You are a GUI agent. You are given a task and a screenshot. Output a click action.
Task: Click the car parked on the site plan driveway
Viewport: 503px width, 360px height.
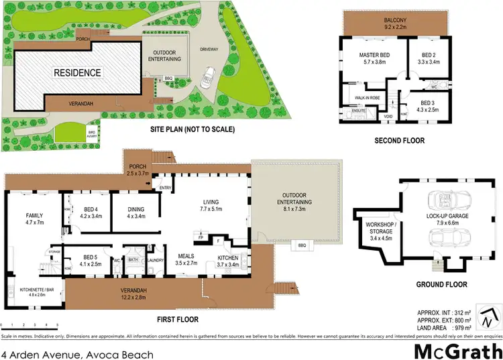click(207, 77)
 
